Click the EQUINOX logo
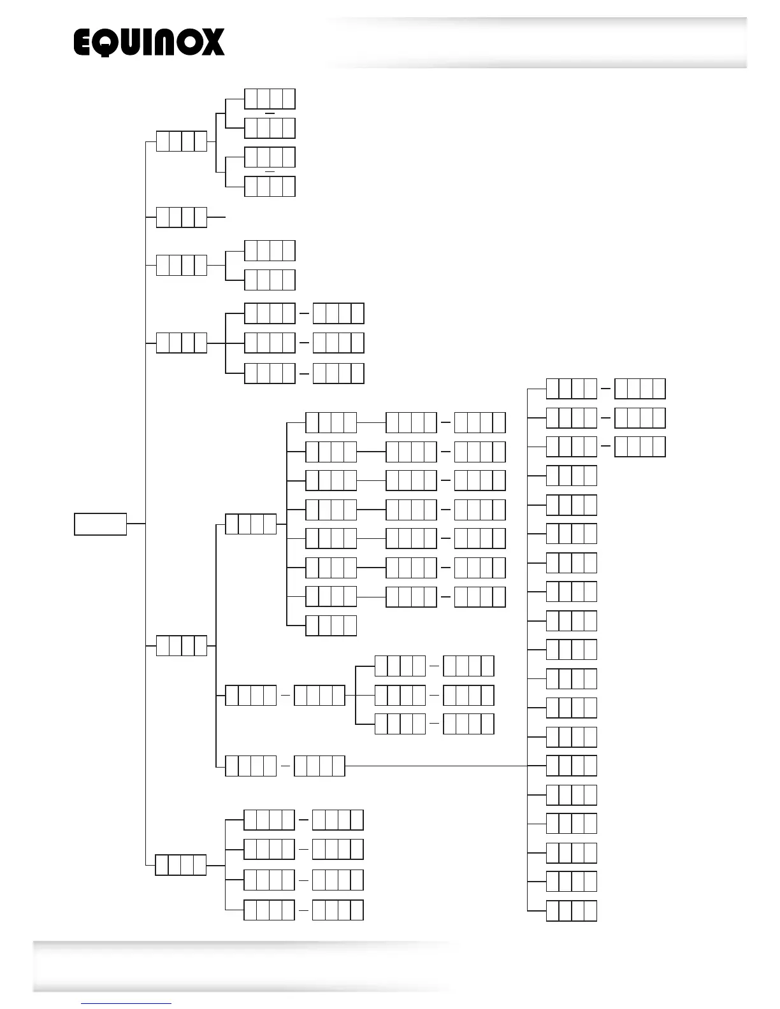click(149, 43)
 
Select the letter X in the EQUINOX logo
click(211, 43)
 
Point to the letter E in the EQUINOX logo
click(85, 43)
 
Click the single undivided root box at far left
click(100, 524)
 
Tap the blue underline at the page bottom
click(126, 1004)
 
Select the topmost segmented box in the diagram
click(270, 99)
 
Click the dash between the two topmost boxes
click(269, 113)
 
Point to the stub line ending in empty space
click(217, 217)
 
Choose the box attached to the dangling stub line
click(182, 217)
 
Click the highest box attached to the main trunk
click(182, 141)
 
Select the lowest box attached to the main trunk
click(181, 865)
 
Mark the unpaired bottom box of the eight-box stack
click(331, 626)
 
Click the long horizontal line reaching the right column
click(437, 766)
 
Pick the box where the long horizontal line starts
click(319, 766)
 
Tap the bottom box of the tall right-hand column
click(572, 911)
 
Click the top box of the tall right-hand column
click(572, 389)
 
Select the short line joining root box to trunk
click(136, 524)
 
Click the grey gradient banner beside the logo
click(535, 43)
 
